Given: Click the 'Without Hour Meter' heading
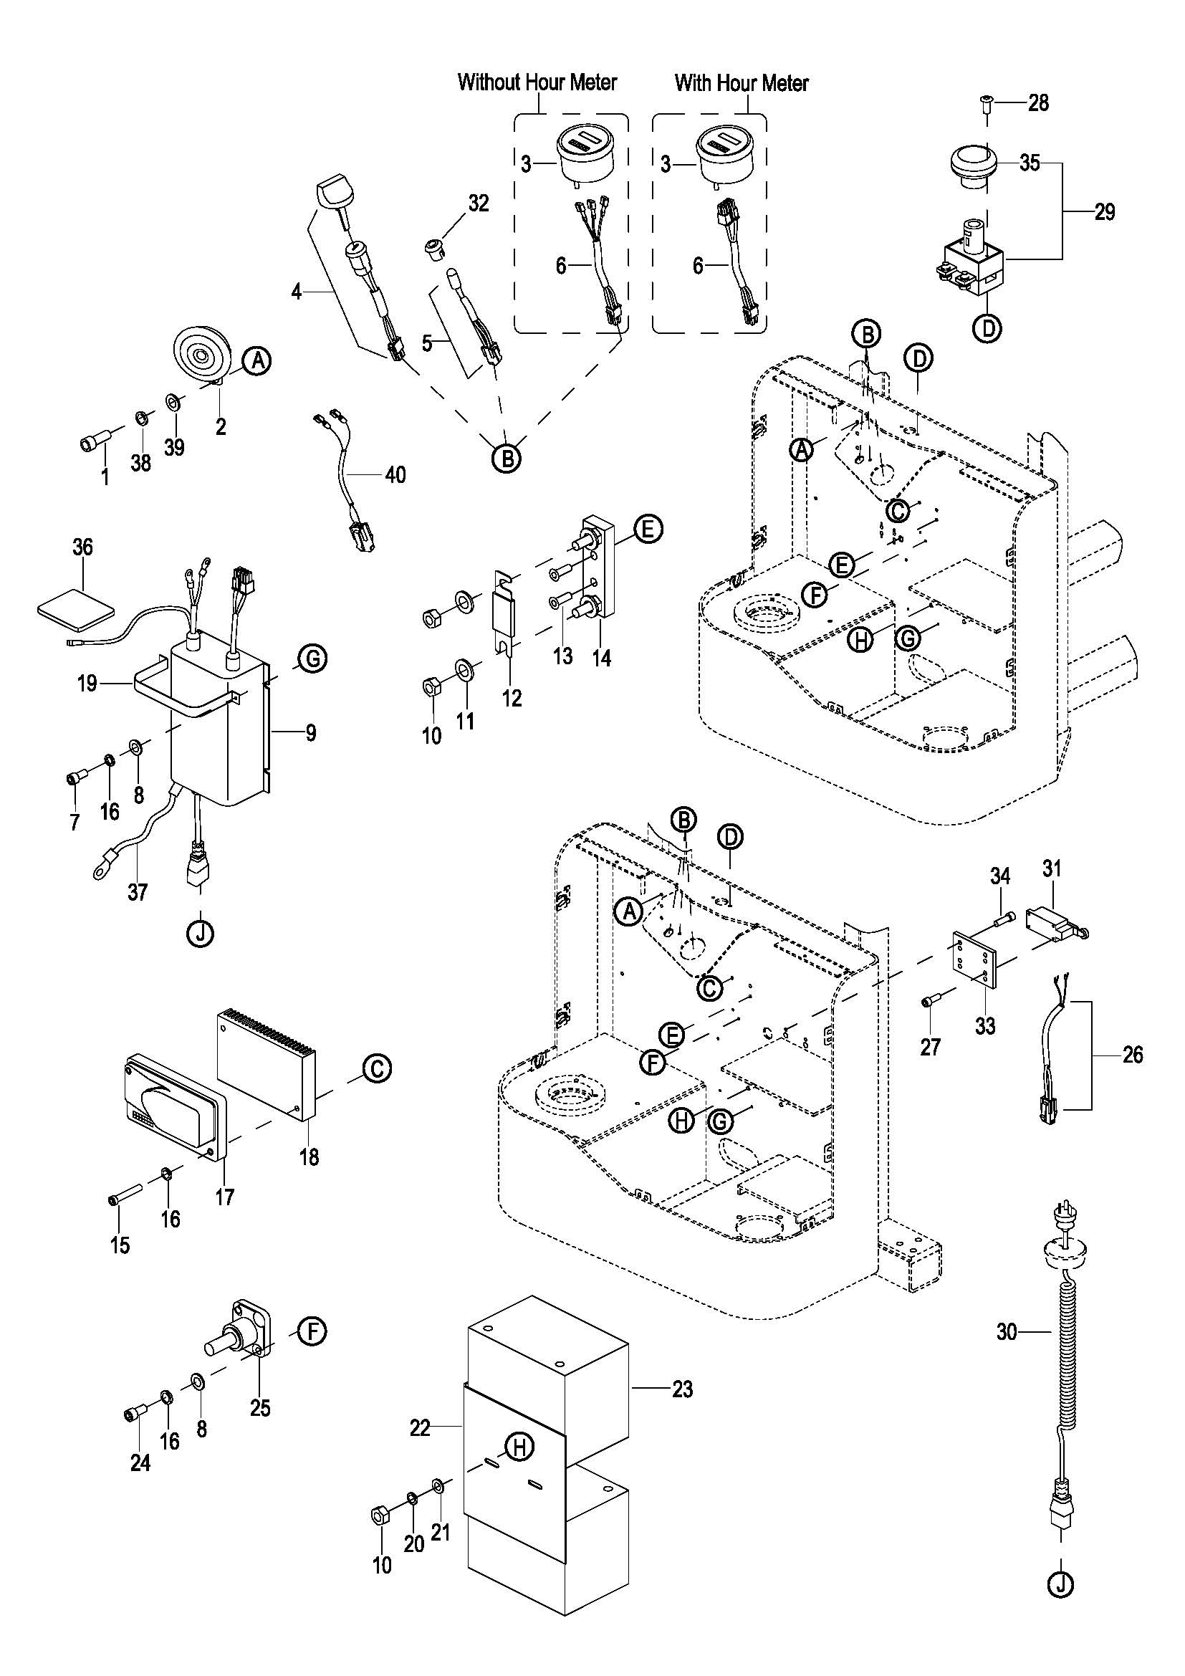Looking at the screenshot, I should (537, 82).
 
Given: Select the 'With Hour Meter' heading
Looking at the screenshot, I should (742, 82).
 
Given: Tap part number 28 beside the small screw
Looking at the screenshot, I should (1037, 103).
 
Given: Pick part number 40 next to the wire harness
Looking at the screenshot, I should (395, 475).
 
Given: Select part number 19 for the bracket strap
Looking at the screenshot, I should (87, 684).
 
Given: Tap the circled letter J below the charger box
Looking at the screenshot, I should (200, 933).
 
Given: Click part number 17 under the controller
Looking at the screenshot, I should (225, 1197).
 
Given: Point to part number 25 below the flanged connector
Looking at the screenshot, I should (261, 1407).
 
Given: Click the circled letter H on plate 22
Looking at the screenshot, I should (519, 1446).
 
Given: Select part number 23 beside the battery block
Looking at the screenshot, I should (682, 1389).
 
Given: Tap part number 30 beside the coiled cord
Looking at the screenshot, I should (1007, 1332).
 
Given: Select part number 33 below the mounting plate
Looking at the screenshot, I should (985, 1025).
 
